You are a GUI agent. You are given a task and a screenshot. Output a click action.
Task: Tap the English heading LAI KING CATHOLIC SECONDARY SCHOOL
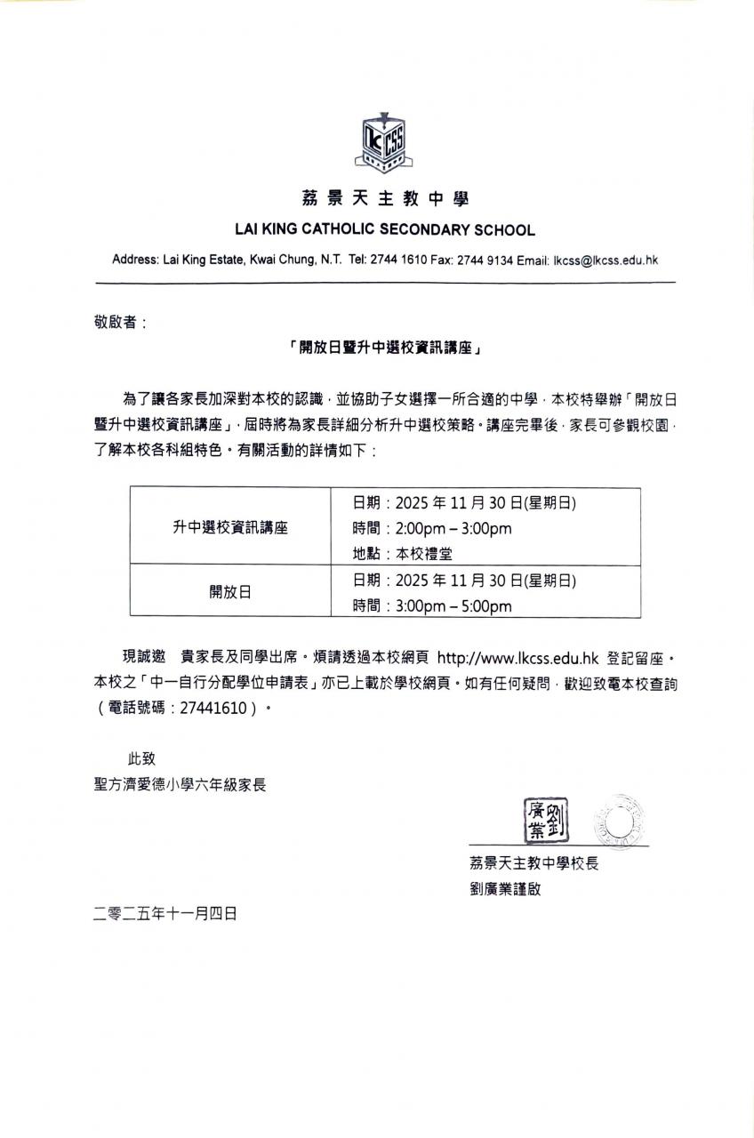[385, 230]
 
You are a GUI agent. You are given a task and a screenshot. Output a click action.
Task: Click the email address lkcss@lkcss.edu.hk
[606, 260]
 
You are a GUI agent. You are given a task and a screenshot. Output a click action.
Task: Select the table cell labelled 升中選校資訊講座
[230, 526]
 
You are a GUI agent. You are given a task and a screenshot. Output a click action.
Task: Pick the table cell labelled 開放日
[230, 592]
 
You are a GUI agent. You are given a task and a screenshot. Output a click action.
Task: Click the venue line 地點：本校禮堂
[403, 553]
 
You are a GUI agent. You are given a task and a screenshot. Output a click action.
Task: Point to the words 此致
[141, 758]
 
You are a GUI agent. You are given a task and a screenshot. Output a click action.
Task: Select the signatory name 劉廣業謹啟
[505, 888]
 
